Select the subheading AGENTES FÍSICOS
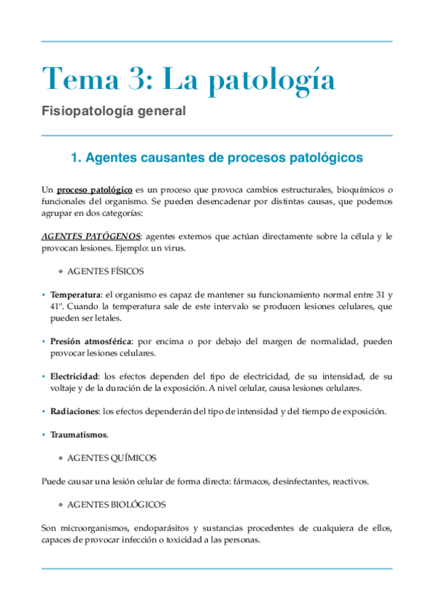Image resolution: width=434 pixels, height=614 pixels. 105,271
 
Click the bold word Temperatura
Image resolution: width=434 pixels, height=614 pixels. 76,295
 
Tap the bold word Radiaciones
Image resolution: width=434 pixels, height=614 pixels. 75,412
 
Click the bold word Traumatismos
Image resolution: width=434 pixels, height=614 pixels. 78,435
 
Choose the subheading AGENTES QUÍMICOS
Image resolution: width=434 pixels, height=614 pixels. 111,458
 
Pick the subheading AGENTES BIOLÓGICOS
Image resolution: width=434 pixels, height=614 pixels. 116,504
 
